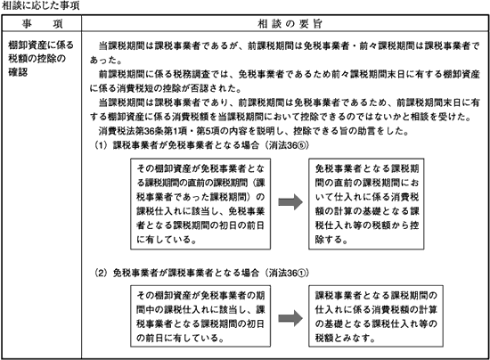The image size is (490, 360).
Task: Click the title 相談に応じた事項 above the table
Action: (41, 5)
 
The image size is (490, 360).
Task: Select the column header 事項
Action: (42, 23)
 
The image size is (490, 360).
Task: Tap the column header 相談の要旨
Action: (290, 23)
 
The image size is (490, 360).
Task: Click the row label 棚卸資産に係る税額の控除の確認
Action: (41, 59)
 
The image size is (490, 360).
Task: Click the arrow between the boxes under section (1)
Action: (290, 202)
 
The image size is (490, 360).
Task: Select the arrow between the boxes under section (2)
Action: (290, 318)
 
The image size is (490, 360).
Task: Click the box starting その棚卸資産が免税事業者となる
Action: (200, 204)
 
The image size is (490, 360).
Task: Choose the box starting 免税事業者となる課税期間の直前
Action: (366, 204)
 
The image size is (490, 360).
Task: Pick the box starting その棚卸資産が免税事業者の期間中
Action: (200, 316)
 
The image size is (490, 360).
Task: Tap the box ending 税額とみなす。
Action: (376, 316)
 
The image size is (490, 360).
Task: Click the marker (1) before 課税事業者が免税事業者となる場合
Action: (101, 145)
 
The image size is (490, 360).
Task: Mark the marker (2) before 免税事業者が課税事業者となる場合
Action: (101, 274)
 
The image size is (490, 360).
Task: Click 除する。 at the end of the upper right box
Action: (331, 240)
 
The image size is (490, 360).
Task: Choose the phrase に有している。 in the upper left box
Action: (167, 240)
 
